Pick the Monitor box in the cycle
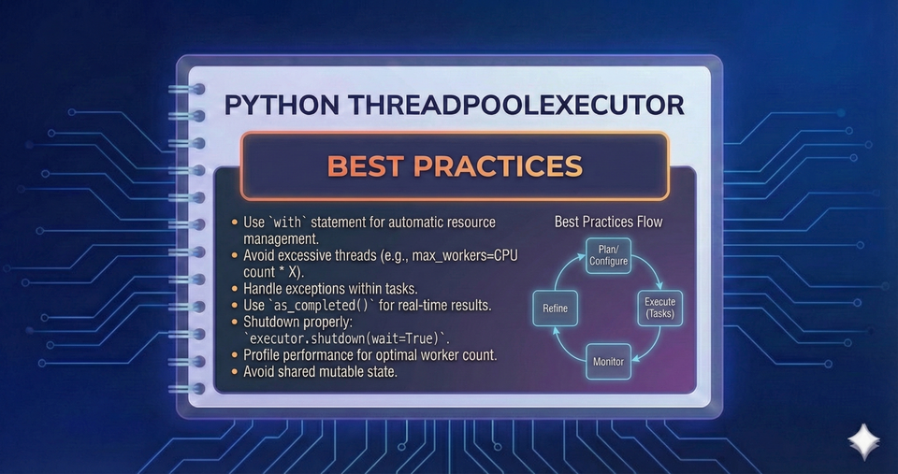click(607, 360)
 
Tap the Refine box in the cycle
click(555, 308)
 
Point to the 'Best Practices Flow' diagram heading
click(607, 222)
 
